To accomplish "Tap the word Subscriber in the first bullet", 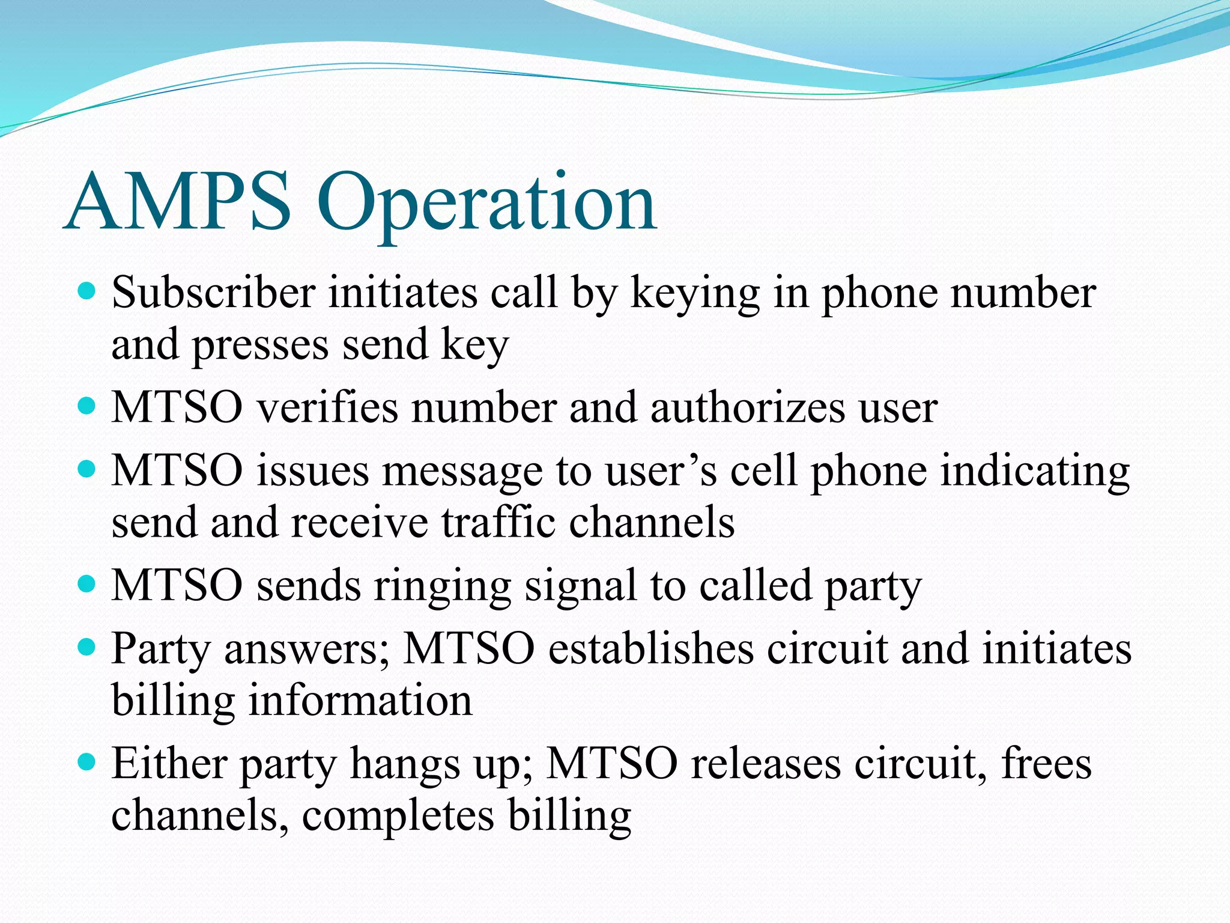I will click(213, 293).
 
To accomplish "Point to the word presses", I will click(260, 347).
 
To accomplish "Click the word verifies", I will click(327, 407).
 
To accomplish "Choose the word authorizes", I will click(747, 407).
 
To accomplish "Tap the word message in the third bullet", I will click(462, 472).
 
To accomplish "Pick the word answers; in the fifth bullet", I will click(307, 650).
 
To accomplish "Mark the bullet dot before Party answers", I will click(88, 647).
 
